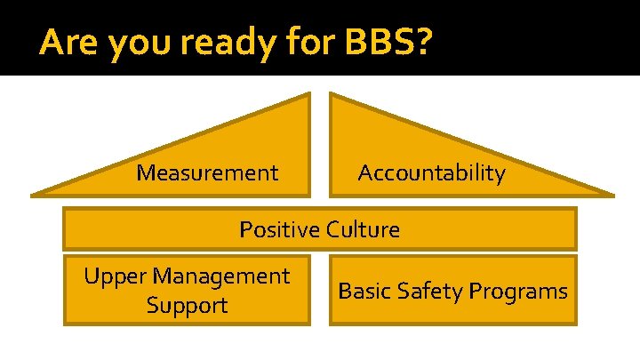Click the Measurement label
207,172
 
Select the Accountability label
431,173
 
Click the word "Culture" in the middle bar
363,229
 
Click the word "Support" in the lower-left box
188,306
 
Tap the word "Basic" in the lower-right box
364,291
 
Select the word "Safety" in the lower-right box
437,291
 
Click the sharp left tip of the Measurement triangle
32,192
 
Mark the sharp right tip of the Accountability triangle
612,192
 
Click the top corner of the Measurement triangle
308,95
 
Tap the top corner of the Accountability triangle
332,95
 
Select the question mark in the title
424,42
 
